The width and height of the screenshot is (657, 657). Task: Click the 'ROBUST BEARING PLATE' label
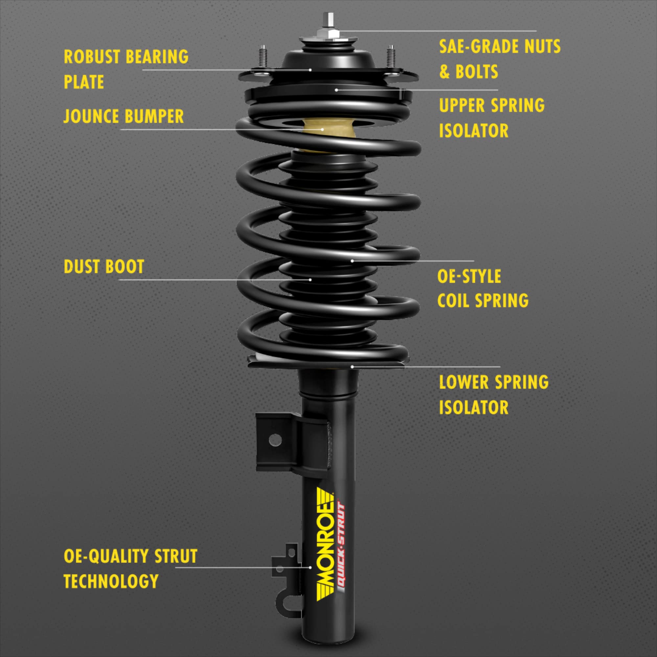(x=126, y=69)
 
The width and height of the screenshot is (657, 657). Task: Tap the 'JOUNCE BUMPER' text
(x=124, y=116)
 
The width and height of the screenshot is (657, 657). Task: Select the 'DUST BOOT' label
(x=104, y=267)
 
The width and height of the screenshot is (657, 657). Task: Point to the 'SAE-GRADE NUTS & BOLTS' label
(x=499, y=59)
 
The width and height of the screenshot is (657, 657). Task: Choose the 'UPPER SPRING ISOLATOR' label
(x=491, y=118)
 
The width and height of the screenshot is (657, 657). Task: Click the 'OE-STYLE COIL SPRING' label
(x=483, y=288)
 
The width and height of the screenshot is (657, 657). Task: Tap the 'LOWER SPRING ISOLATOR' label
(x=493, y=395)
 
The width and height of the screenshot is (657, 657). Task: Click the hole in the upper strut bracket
(x=275, y=441)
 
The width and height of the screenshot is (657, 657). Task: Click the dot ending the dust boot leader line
(x=310, y=280)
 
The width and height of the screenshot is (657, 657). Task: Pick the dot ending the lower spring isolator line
(x=352, y=367)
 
